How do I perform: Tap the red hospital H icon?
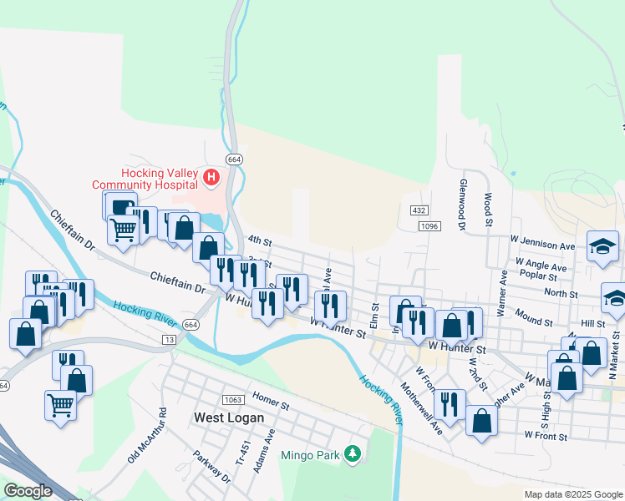pyautogui.click(x=211, y=177)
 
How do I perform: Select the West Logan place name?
pyautogui.click(x=229, y=417)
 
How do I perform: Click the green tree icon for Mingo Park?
pyautogui.click(x=353, y=453)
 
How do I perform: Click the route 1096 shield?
pyautogui.click(x=429, y=226)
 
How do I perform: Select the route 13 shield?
pyautogui.click(x=170, y=340)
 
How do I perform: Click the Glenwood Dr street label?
pyautogui.click(x=460, y=203)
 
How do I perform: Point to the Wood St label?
pyautogui.click(x=488, y=210)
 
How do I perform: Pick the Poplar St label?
pyautogui.click(x=537, y=275)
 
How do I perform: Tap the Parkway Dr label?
pyautogui.click(x=213, y=468)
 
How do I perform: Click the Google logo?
pyautogui.click(x=28, y=491)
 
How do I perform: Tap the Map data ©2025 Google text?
pyautogui.click(x=573, y=494)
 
